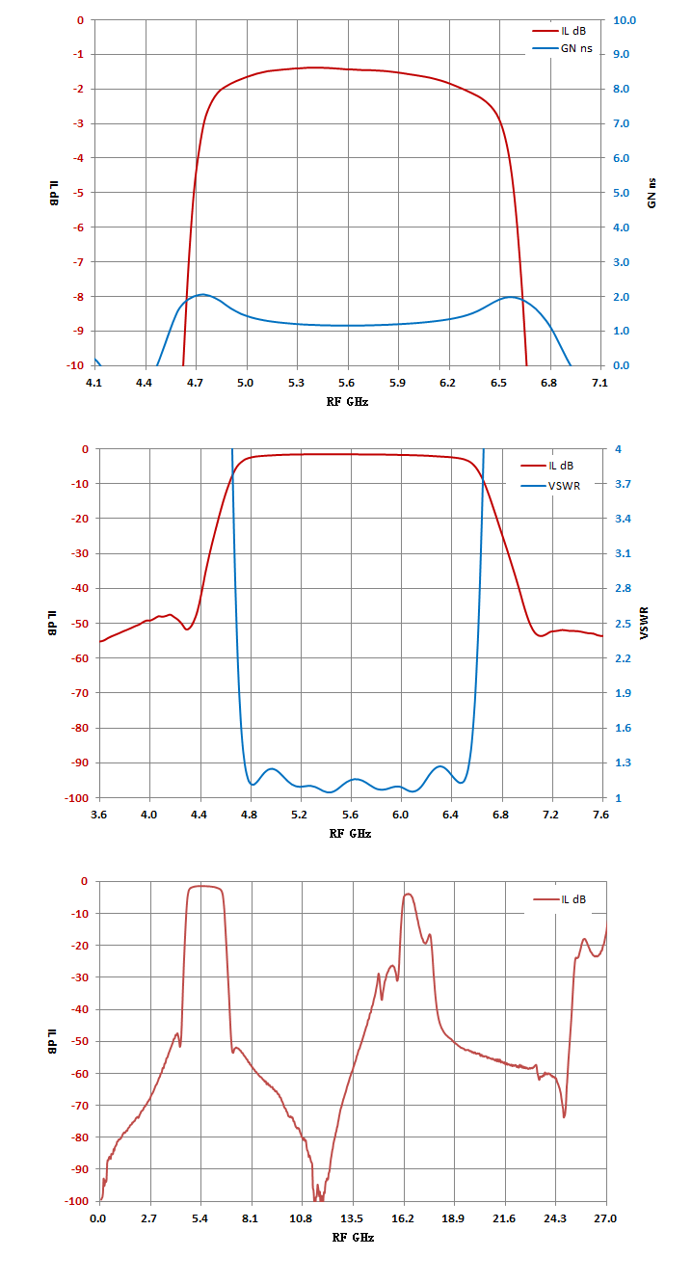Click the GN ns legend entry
point(562,49)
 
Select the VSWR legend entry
point(550,486)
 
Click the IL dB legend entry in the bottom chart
point(560,899)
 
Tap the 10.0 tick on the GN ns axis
point(625,20)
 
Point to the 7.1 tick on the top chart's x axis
point(599,383)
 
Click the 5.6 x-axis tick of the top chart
point(346,383)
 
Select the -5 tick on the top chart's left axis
point(78,193)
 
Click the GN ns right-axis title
point(652,193)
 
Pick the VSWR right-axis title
point(644,623)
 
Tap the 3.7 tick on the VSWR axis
point(623,484)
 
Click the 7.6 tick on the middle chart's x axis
point(600,815)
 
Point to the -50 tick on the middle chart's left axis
point(80,623)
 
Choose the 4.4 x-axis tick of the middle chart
point(199,815)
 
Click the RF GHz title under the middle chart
point(350,834)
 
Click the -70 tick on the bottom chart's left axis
point(79,1106)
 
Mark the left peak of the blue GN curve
point(203,295)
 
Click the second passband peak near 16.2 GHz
point(409,895)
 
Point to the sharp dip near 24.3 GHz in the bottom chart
point(564,1116)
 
